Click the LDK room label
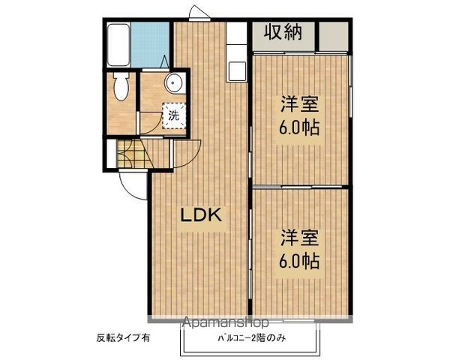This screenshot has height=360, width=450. [x=200, y=215]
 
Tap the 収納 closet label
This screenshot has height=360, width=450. [x=283, y=34]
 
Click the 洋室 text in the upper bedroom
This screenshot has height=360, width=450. [x=300, y=103]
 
